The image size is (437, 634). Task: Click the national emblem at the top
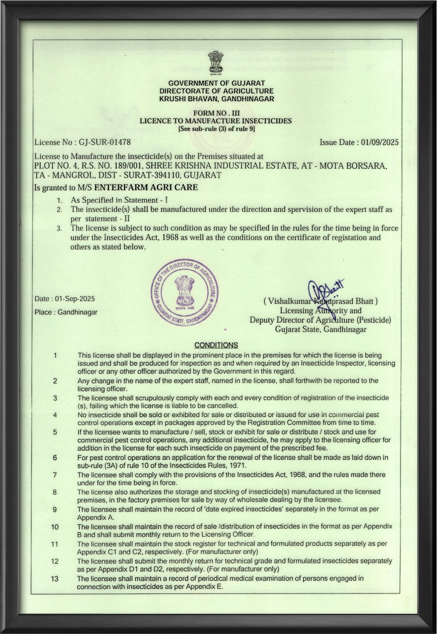pyautogui.click(x=216, y=63)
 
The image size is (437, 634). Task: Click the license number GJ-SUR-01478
pyautogui.click(x=104, y=142)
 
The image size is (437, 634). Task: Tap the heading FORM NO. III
pyautogui.click(x=216, y=113)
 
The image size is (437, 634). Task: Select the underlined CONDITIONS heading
pyautogui.click(x=216, y=345)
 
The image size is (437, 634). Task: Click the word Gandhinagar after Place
pyautogui.click(x=77, y=312)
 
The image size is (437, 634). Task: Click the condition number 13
pyautogui.click(x=54, y=578)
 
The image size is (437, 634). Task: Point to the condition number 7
pyautogui.click(x=54, y=475)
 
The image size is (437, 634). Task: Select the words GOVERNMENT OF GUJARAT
pyautogui.click(x=216, y=83)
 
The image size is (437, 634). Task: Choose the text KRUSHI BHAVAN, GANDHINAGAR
pyautogui.click(x=216, y=99)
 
